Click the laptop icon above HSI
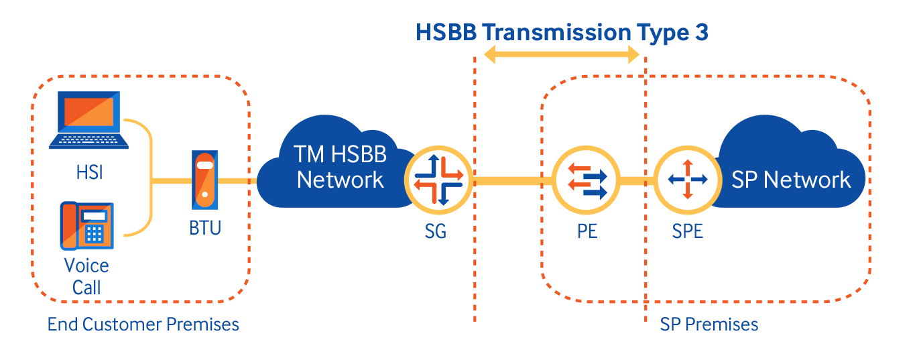[x=88, y=119]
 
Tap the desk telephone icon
[x=87, y=225]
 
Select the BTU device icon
[x=204, y=180]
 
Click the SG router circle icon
[x=438, y=180]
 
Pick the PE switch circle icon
[x=587, y=180]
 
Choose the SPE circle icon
[x=688, y=180]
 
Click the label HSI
[x=89, y=172]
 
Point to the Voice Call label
[x=86, y=277]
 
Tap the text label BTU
[x=205, y=228]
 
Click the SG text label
[x=435, y=231]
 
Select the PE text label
[x=587, y=231]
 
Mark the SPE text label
[x=687, y=231]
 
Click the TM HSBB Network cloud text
[x=340, y=167]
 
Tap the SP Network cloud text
[x=791, y=180]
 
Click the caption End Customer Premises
[x=143, y=324]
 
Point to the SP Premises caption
[x=709, y=324]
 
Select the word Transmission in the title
[x=556, y=32]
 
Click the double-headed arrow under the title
[x=561, y=54]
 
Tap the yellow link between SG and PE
[x=513, y=181]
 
